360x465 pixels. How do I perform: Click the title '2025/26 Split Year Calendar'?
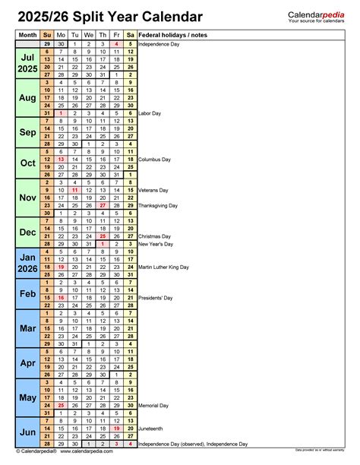point(110,16)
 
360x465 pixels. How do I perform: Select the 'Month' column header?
point(27,35)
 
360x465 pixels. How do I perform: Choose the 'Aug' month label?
point(27,98)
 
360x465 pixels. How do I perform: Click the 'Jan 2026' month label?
point(27,263)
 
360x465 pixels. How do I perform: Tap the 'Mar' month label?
point(27,328)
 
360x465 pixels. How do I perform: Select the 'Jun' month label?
point(27,432)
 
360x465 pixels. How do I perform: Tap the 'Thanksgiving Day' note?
point(158,205)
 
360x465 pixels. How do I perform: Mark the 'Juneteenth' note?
point(153,429)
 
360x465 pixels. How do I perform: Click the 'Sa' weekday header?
point(131,35)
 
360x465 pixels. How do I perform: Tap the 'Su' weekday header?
point(48,35)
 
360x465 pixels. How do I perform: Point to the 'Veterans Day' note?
point(153,190)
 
